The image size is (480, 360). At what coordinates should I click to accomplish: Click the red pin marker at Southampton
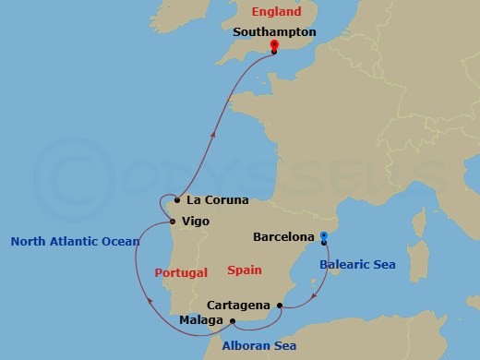(273, 45)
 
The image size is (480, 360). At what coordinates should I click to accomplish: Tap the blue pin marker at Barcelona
(323, 236)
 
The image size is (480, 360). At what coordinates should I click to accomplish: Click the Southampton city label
(275, 31)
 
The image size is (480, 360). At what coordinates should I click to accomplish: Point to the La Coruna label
(218, 198)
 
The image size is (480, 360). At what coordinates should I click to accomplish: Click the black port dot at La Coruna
(177, 198)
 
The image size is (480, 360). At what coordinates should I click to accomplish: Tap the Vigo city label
(196, 222)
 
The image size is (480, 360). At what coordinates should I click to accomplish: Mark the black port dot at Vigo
(173, 221)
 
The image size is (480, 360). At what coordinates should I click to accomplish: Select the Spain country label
(244, 270)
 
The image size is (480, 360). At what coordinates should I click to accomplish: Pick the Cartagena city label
(239, 305)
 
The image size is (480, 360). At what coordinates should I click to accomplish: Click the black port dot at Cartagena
(279, 304)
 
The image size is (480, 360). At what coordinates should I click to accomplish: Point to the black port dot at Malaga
(232, 321)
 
